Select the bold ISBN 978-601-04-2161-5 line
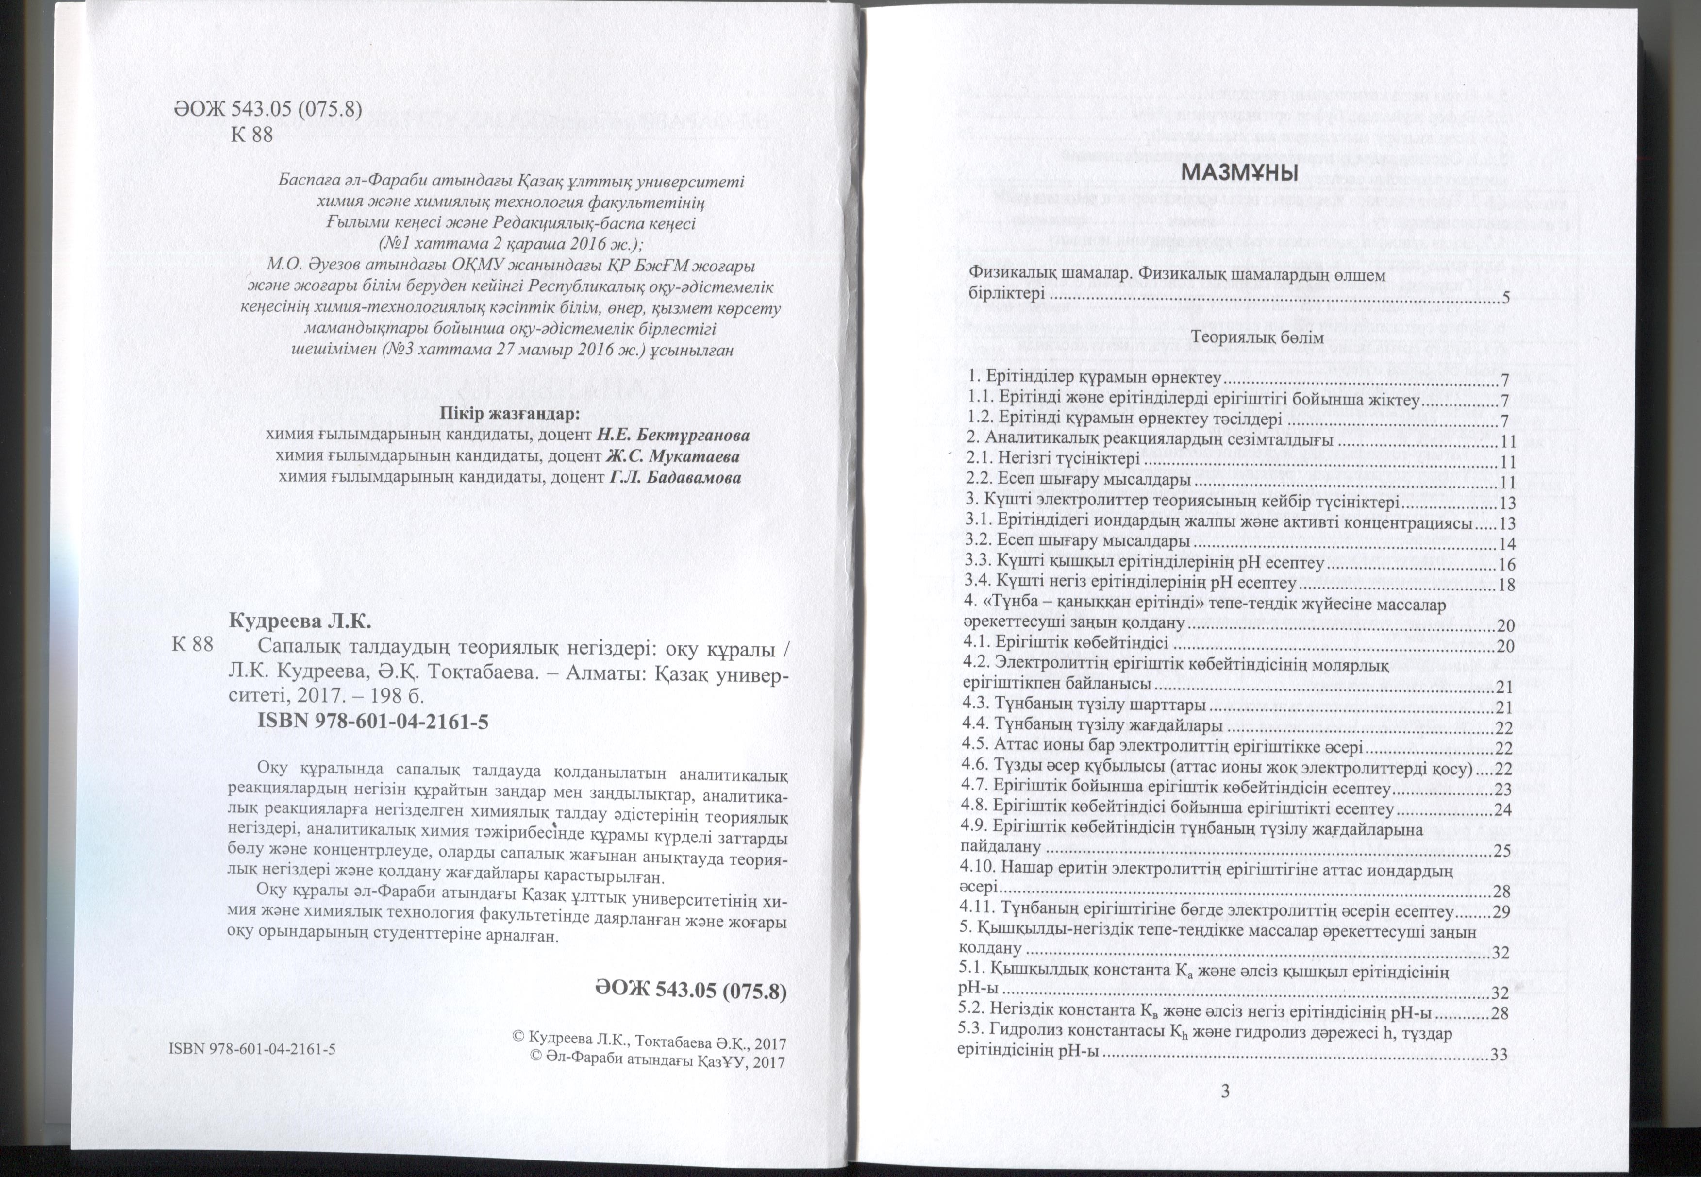[x=372, y=723]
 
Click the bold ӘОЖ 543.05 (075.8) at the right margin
[x=691, y=991]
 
